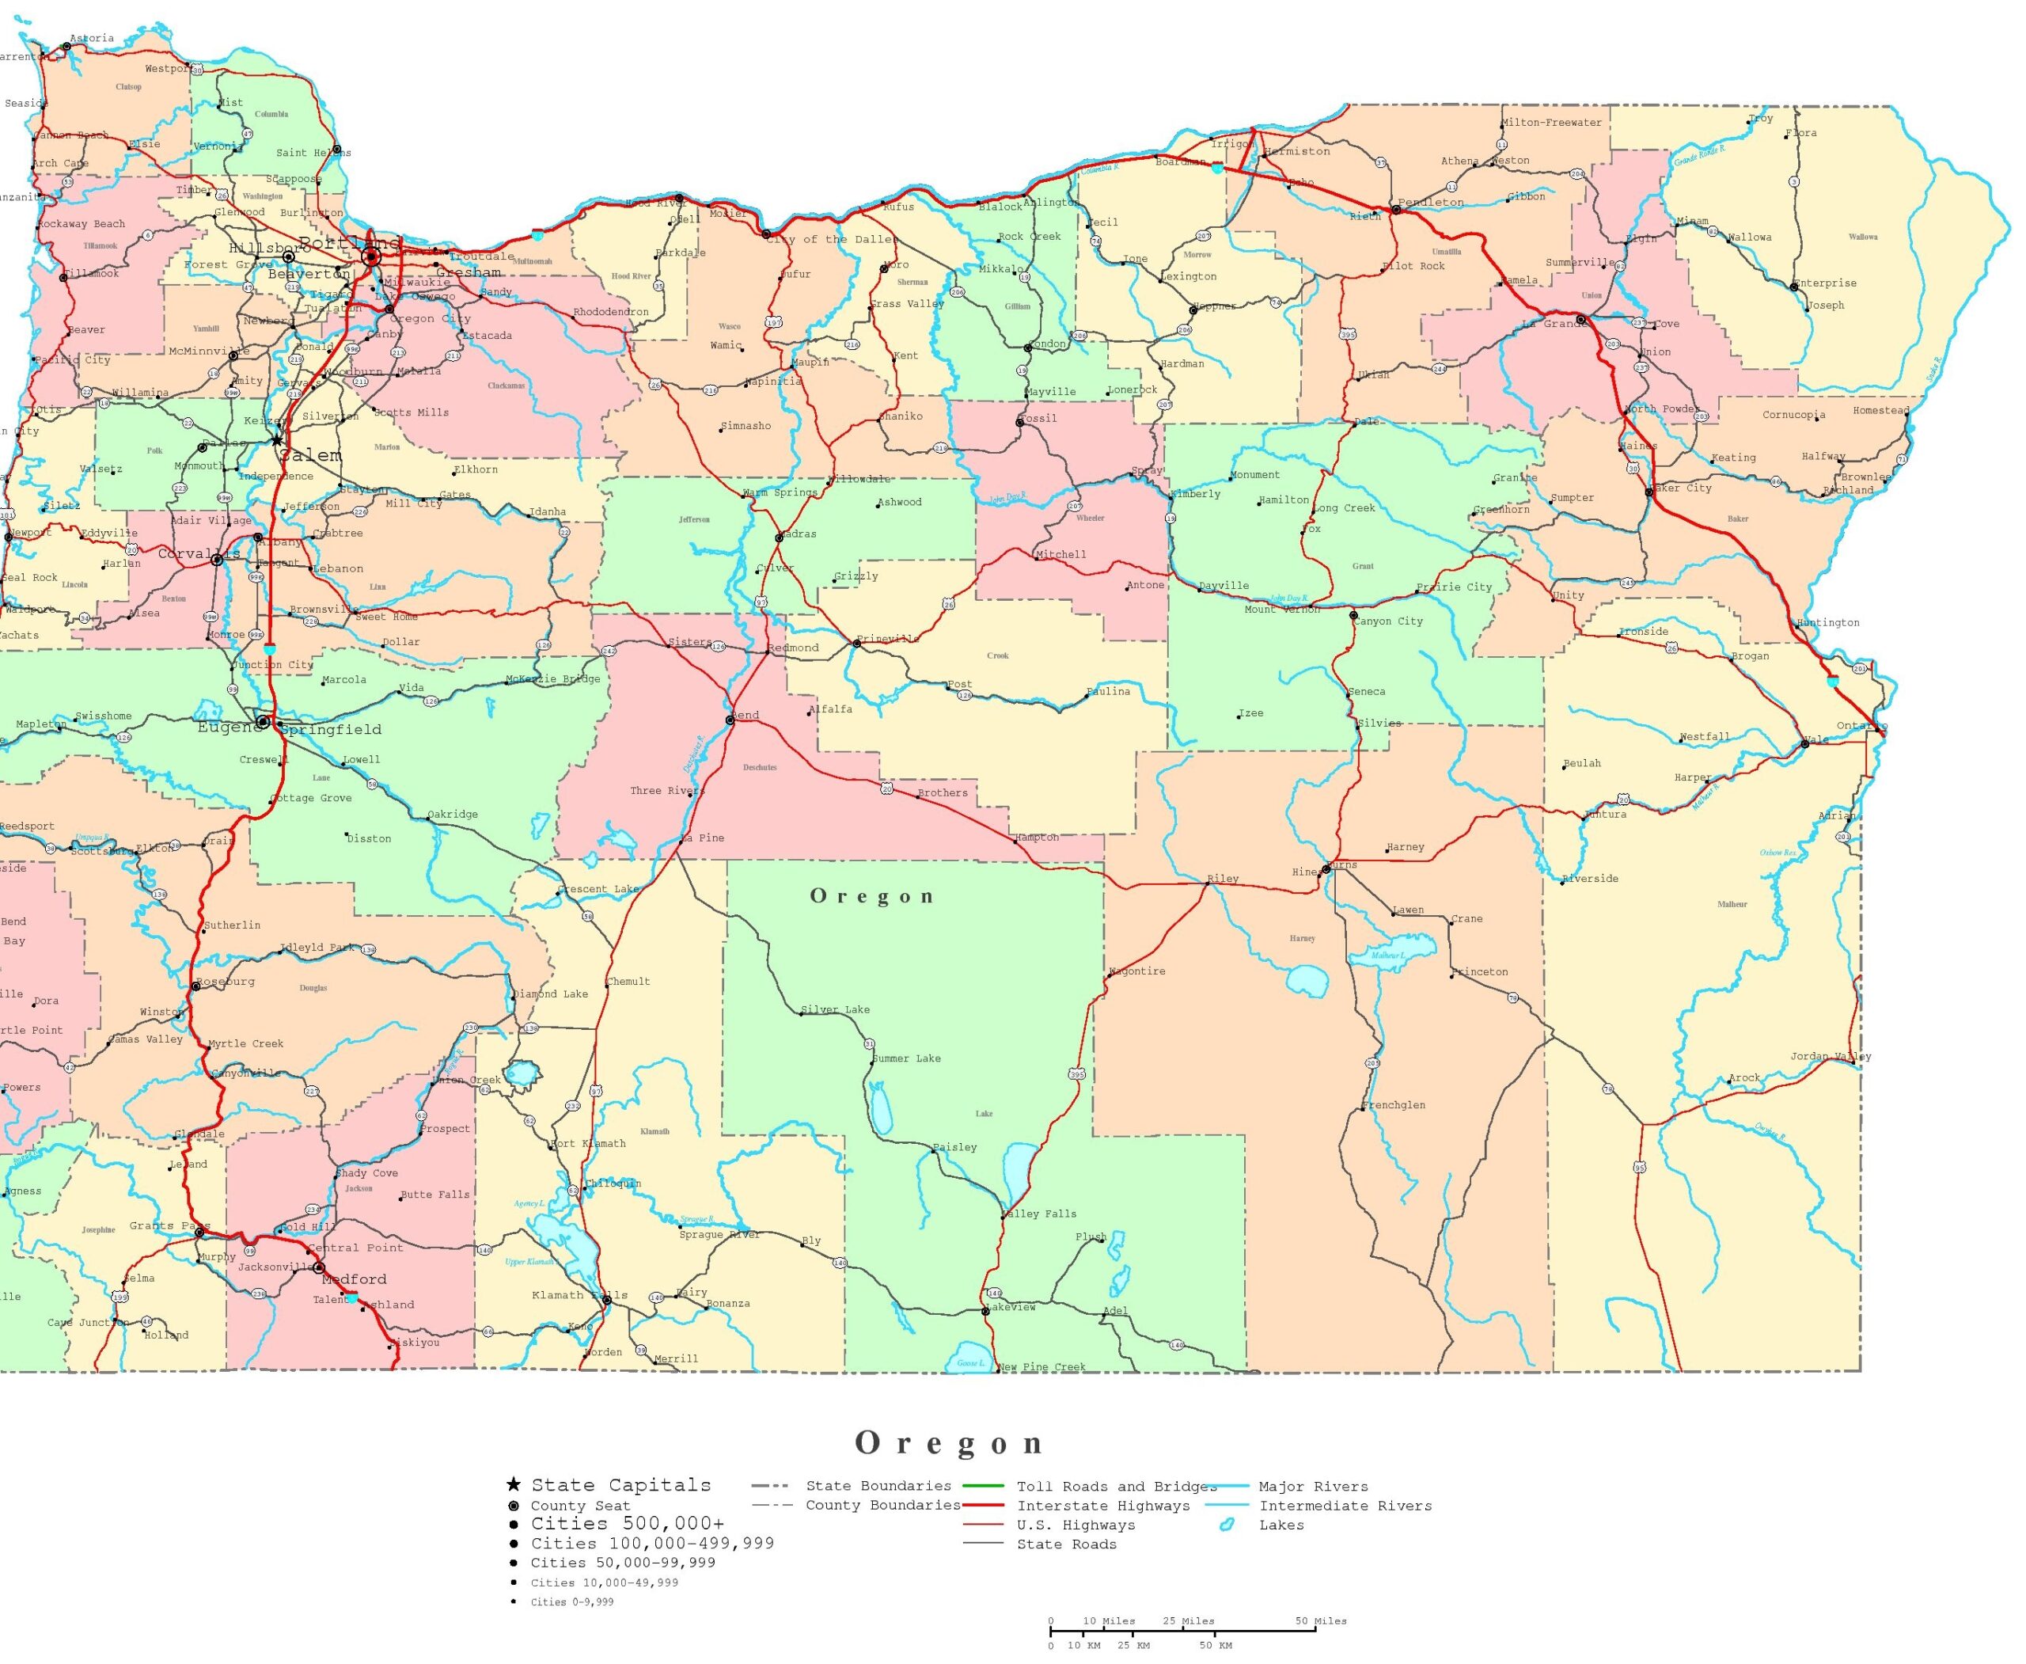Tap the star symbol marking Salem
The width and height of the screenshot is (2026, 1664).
277,440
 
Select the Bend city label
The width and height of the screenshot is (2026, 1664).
746,715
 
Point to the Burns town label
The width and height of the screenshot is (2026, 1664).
1343,864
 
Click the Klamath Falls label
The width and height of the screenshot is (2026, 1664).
579,1295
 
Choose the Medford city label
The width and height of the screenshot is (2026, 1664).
355,1278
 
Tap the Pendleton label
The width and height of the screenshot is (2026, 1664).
1431,202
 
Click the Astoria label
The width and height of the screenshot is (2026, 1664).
92,38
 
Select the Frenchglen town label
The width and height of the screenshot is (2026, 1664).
1394,1105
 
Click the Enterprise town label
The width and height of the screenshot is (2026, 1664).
1825,283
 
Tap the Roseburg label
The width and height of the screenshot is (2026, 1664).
226,982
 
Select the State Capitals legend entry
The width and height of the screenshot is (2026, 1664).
621,1485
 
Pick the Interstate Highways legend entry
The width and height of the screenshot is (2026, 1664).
1103,1506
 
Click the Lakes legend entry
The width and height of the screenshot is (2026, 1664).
1281,1525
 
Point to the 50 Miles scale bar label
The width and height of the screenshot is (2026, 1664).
1321,1621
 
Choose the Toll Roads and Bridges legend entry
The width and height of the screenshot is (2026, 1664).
1117,1487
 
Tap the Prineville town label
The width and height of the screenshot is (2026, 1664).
887,637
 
